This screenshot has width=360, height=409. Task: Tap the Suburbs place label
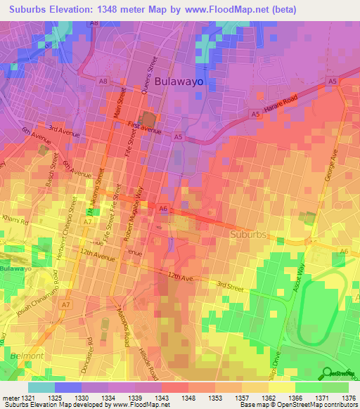pyautogui.click(x=250, y=233)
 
